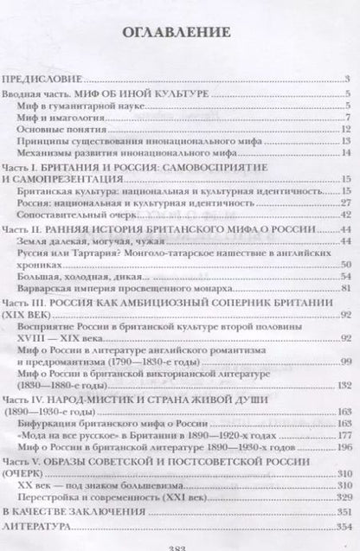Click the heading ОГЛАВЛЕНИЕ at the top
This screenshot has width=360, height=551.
pyautogui.click(x=179, y=34)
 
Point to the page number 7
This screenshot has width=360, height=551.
pyautogui.click(x=346, y=117)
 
